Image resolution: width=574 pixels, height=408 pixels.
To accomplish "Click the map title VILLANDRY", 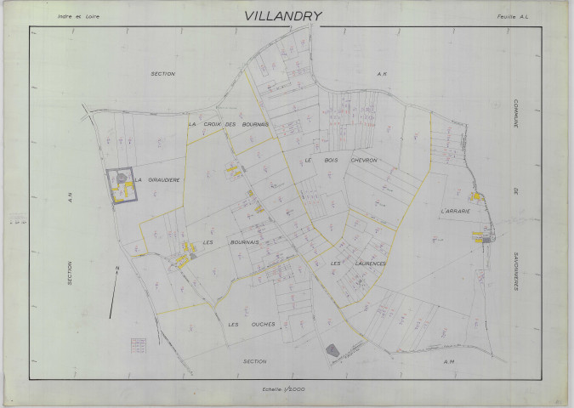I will (283, 15).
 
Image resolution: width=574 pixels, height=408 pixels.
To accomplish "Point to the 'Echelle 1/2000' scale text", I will (284, 388).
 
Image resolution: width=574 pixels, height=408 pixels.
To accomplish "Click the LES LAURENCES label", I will (358, 263).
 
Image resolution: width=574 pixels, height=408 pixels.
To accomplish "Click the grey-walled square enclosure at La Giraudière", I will (122, 186).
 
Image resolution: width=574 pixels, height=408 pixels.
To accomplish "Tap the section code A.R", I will (382, 74).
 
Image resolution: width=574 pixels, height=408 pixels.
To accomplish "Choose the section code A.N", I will (71, 199).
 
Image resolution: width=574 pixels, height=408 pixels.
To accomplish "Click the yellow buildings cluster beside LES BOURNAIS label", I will (188, 251).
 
